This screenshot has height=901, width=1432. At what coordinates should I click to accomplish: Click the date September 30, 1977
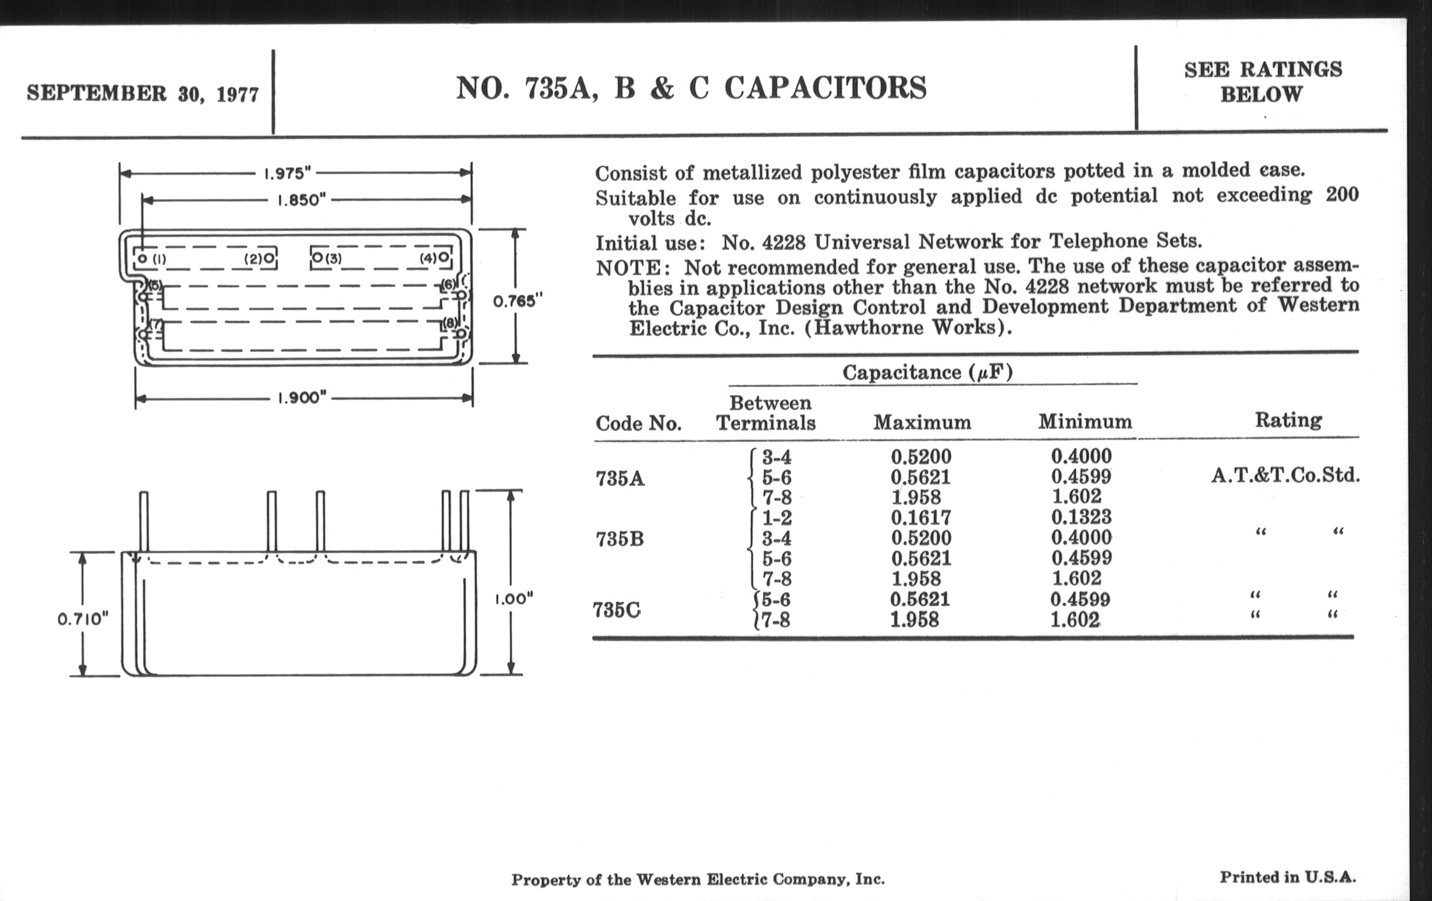[142, 94]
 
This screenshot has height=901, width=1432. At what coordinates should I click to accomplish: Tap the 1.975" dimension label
[287, 174]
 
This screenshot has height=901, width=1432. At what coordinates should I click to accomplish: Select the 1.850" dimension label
[302, 200]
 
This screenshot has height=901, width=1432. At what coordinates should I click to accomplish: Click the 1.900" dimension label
[302, 398]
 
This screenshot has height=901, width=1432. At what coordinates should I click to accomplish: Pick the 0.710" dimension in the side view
[83, 619]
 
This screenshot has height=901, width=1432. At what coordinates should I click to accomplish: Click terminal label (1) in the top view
[160, 259]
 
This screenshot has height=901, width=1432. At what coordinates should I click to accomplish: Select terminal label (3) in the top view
[334, 259]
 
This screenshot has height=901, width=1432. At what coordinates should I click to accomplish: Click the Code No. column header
[638, 423]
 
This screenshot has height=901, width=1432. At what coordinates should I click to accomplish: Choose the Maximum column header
[921, 422]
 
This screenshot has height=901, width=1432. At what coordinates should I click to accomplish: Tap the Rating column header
[1288, 420]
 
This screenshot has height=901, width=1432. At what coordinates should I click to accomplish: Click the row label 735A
[619, 478]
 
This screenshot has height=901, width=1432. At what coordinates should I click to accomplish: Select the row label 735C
[616, 609]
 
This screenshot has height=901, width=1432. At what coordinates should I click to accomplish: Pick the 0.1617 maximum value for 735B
[920, 518]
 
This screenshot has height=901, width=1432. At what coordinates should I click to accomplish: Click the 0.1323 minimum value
[1081, 517]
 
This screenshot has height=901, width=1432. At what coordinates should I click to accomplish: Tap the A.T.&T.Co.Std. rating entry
[1285, 475]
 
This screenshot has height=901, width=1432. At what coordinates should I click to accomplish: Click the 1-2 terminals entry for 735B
[777, 518]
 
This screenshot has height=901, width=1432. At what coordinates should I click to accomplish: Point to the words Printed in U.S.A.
[1288, 877]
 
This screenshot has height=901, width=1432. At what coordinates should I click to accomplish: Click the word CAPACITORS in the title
[826, 88]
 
